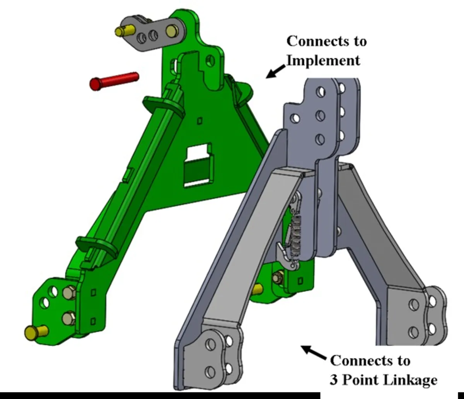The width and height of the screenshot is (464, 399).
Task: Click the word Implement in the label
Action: pyautogui.click(x=323, y=61)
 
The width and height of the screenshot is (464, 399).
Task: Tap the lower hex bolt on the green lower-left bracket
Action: pyautogui.click(x=69, y=319)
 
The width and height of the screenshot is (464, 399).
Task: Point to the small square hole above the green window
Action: pyautogui.click(x=200, y=121)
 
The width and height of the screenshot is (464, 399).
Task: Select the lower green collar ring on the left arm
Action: pyautogui.click(x=97, y=246)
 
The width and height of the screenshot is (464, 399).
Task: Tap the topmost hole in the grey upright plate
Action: pyautogui.click(x=320, y=92)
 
